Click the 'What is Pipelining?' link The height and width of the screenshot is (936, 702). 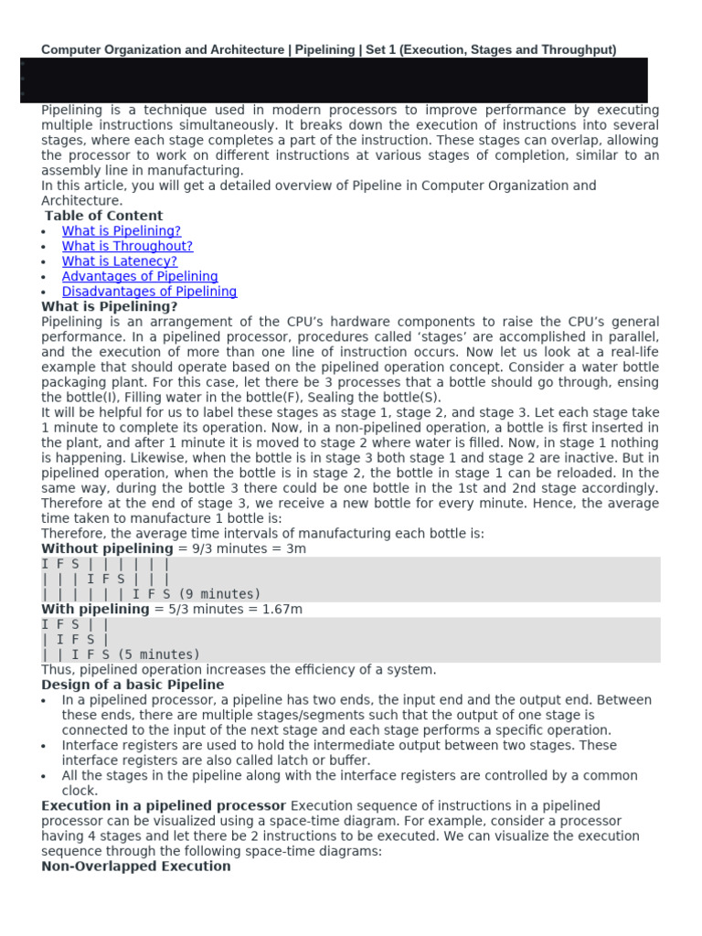[122, 231]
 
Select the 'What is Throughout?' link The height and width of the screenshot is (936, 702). [127, 246]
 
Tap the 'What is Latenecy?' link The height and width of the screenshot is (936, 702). [119, 261]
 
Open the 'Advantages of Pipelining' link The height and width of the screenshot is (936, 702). [140, 276]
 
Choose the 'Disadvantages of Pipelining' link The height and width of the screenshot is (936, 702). [149, 292]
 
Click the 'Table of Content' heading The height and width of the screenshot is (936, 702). [103, 216]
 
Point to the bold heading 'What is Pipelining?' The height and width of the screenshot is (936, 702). [110, 306]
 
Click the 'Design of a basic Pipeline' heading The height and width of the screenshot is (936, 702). [133, 685]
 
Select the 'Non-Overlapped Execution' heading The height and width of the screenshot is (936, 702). [136, 866]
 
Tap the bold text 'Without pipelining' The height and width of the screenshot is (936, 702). [107, 548]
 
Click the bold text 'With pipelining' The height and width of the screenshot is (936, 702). [95, 609]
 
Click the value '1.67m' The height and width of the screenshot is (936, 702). [282, 609]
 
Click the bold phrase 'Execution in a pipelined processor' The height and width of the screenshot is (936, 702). [164, 805]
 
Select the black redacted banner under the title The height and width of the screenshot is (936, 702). [333, 80]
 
